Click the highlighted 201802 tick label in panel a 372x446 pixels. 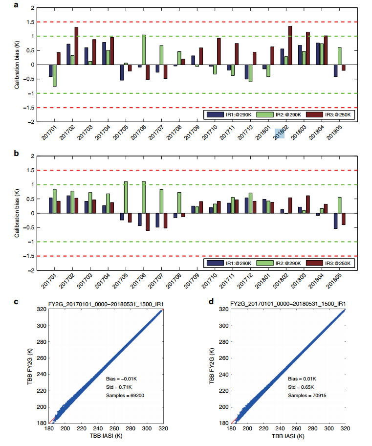pos(280,133)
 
